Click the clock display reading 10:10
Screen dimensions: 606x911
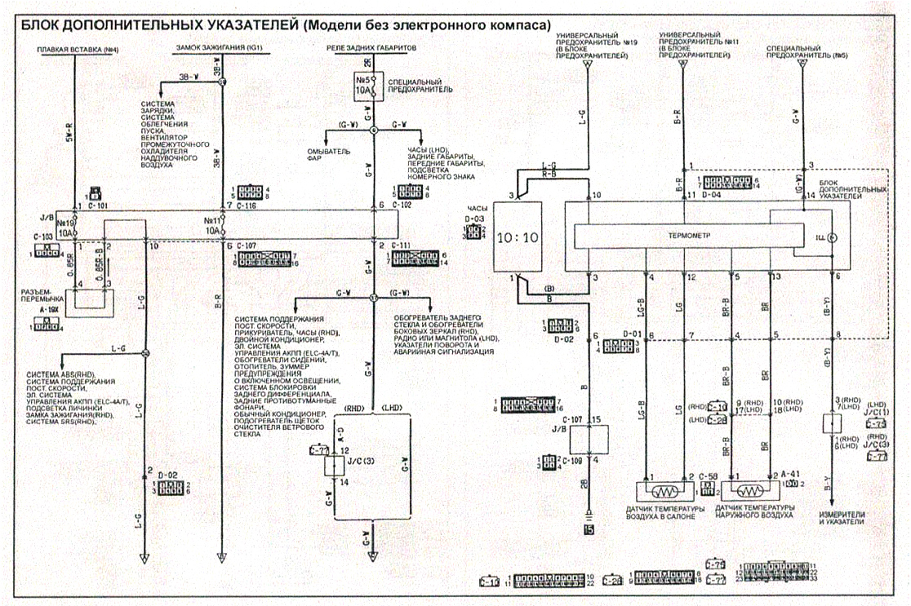pos(518,237)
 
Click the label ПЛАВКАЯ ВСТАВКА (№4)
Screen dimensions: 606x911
pos(78,50)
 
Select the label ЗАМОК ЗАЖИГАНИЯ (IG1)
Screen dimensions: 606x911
pos(211,50)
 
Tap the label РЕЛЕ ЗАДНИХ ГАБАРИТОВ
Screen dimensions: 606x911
pos(371,50)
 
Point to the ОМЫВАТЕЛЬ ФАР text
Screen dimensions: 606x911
pos(328,154)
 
